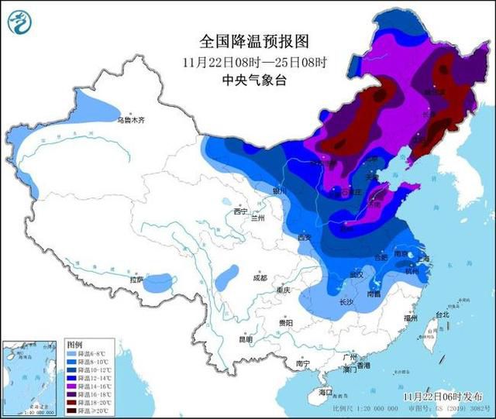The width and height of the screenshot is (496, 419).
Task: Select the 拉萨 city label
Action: (x=137, y=280)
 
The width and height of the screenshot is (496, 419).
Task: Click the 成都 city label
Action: (x=259, y=277)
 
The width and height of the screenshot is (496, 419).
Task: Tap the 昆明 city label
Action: (x=246, y=338)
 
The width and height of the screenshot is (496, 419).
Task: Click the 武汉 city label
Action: (x=356, y=274)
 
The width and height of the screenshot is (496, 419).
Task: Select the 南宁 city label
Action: (x=303, y=363)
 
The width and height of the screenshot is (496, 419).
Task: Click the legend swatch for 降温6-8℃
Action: (x=73, y=352)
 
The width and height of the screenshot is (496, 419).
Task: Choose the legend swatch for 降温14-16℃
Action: (x=73, y=383)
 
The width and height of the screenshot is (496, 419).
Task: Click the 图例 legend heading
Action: (x=75, y=343)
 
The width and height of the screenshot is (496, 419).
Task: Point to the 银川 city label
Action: (x=280, y=191)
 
